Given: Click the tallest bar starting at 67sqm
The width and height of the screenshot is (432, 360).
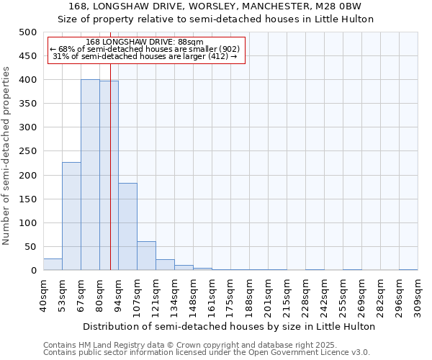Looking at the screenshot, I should point(90,175).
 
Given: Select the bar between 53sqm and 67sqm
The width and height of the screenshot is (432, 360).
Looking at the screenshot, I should point(71,216).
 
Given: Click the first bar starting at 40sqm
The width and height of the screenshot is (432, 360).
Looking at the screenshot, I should point(53,264).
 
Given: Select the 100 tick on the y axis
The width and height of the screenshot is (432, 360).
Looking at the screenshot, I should point(28,223).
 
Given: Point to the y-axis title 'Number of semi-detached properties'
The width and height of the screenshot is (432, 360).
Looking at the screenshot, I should point(7,156).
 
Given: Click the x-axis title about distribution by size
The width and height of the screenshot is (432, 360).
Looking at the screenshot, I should point(229,326).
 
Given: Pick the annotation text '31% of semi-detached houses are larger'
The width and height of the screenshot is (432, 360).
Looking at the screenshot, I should point(145,56).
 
